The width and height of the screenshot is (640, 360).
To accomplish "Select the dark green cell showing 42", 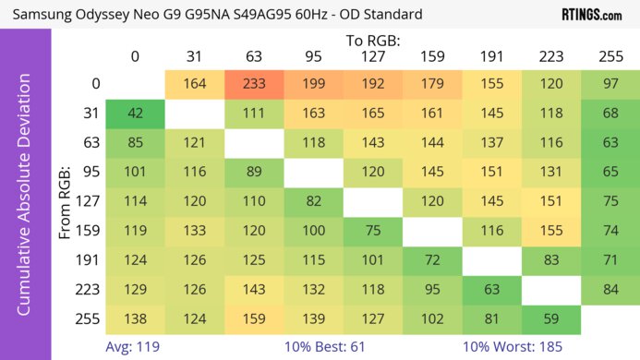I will click(x=135, y=114).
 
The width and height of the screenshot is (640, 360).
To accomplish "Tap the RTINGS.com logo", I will click(x=592, y=15).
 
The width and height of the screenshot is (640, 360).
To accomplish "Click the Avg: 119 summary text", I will click(x=134, y=347).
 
